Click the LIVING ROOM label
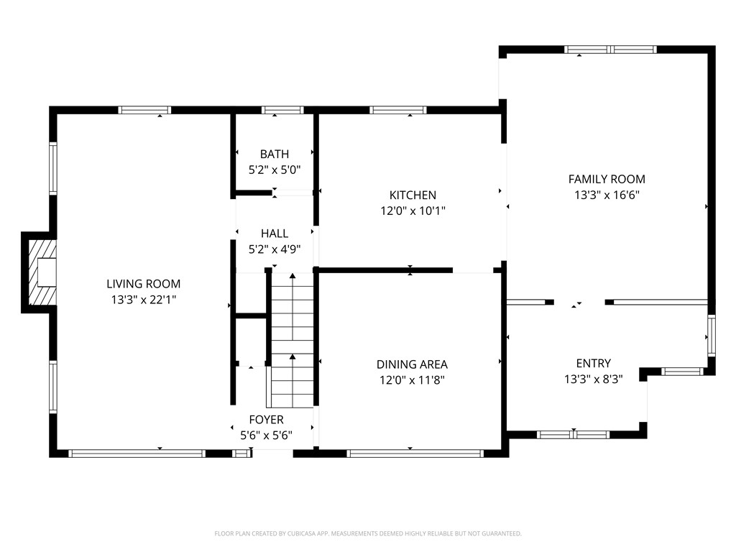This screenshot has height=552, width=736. pos(144,284)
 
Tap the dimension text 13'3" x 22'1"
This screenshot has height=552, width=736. pos(144,299)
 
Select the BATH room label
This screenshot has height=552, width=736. pos(275,154)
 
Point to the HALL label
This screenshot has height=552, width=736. pos(275,234)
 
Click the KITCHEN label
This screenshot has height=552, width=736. pos(413,195)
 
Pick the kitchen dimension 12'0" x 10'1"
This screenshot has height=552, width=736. pos(413,211)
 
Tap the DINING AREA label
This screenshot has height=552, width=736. pos(413,364)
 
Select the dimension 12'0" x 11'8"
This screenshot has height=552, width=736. pos(413,380)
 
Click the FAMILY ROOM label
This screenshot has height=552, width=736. pos(607,179)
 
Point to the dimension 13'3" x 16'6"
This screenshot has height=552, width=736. pos(607,195)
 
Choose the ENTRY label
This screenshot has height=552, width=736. pos(593,363)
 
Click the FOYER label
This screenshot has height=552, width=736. pos(266,419)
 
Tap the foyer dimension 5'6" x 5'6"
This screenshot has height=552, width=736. pos(266,435)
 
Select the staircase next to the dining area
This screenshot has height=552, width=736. pos(292,338)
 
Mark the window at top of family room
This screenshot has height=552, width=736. pos(610,50)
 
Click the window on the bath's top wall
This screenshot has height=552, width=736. pos(282,110)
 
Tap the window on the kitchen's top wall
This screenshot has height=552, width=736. pos(398,110)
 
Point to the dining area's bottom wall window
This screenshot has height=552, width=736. pos(414,454)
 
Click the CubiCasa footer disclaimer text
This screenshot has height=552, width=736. pos(368,533)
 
